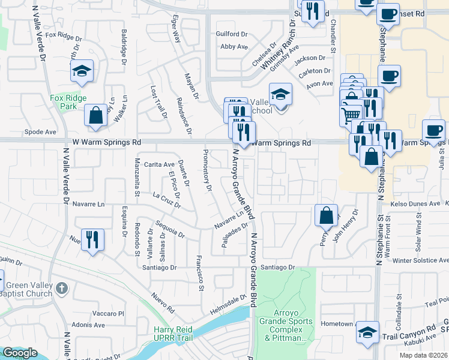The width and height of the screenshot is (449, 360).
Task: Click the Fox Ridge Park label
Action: point(68,102)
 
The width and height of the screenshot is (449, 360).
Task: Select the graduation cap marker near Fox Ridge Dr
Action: point(82,72)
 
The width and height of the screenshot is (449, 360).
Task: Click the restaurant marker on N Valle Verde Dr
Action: point(92,240)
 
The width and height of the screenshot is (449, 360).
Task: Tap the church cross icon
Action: point(61,289)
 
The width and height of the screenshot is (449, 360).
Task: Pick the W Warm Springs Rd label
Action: point(106,143)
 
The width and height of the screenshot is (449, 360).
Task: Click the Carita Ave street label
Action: point(159,164)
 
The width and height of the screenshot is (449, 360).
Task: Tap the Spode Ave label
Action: point(40,131)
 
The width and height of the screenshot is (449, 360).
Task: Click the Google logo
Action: point(20,353)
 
